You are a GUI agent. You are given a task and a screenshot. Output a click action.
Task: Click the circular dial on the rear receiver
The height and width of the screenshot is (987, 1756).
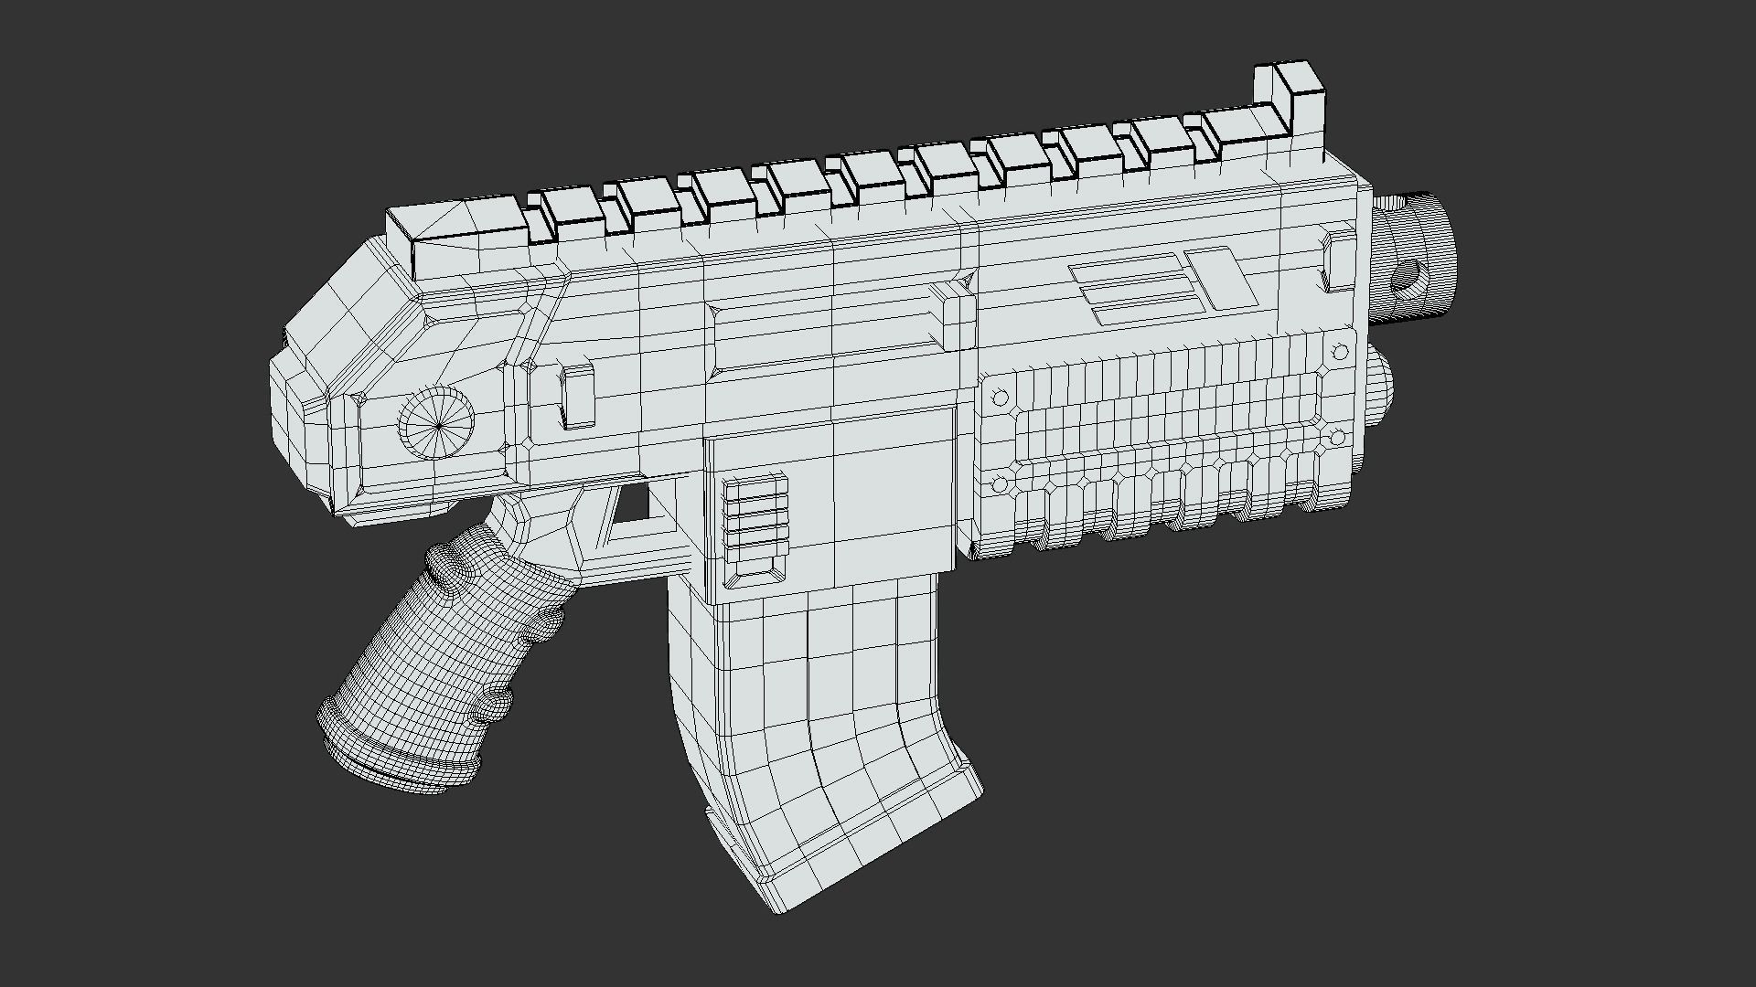(x=437, y=424)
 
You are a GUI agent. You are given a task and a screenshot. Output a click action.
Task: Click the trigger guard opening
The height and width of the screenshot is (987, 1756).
(x=632, y=504)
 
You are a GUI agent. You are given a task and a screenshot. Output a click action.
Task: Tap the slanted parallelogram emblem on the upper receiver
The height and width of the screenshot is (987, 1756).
(x=1222, y=277)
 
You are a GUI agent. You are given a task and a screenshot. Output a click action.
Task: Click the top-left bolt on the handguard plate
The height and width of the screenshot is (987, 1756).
(x=1000, y=398)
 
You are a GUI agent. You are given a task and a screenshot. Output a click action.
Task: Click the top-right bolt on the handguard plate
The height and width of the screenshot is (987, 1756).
(x=1341, y=352)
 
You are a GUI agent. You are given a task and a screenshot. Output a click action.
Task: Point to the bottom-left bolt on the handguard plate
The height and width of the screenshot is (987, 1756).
(x=1000, y=483)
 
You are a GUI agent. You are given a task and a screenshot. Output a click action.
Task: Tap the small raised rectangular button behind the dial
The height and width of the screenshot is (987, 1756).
(x=576, y=396)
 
